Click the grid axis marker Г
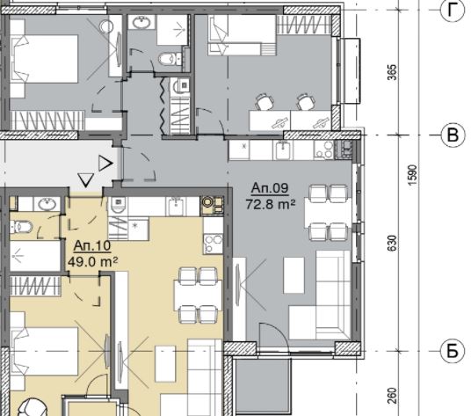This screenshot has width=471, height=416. [x=453, y=10]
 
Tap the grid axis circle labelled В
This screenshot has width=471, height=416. [x=453, y=135]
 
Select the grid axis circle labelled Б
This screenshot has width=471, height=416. [x=453, y=351]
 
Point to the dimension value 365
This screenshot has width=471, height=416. [x=392, y=72]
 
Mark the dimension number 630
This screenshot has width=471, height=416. [x=392, y=243]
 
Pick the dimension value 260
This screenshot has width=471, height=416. [x=392, y=396]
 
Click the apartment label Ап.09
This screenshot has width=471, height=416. [x=270, y=188]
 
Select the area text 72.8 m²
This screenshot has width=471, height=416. [x=271, y=204]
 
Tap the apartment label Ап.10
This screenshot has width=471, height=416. [x=92, y=246]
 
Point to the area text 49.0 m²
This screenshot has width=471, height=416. [x=92, y=262]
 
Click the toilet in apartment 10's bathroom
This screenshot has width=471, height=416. [x=21, y=227]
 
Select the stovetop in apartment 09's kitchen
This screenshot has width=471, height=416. [x=324, y=150]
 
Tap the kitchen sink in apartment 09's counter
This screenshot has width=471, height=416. [x=283, y=150]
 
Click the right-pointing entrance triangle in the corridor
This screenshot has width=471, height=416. [x=105, y=164]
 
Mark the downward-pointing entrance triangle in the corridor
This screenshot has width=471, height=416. [x=85, y=179]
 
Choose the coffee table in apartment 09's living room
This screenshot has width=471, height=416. [x=293, y=275]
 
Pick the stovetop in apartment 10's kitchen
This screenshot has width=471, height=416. [x=214, y=244]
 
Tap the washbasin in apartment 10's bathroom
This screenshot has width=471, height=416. [x=47, y=204]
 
